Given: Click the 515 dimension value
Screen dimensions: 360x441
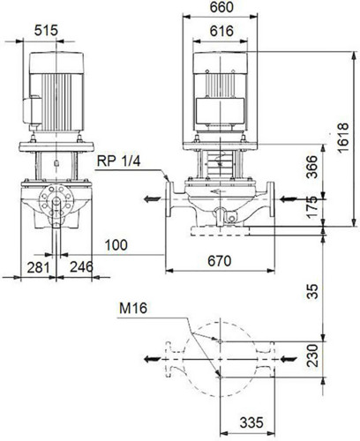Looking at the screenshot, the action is [x=46, y=30].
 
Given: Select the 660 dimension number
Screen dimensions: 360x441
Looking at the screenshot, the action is [x=221, y=7].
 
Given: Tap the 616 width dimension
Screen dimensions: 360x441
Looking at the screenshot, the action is [x=221, y=31].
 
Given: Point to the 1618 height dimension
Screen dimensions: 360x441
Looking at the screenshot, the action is [x=343, y=138].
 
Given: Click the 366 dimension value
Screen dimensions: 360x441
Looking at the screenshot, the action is [x=312, y=167].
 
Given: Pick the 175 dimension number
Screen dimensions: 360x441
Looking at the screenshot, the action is [x=312, y=206].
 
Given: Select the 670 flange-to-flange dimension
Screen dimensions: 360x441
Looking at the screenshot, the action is [x=220, y=261].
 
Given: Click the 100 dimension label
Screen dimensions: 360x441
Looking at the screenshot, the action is [x=116, y=245].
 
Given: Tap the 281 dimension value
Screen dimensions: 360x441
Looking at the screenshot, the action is [x=38, y=267].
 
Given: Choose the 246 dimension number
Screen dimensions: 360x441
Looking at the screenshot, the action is [x=81, y=267].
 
